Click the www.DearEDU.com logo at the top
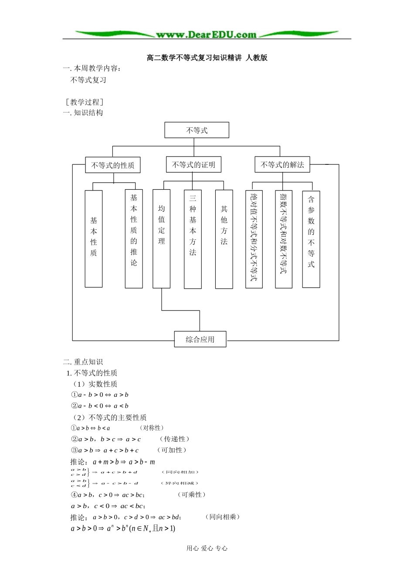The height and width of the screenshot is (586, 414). coord(207,34)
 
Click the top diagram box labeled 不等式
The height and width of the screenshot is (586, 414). coord(197,130)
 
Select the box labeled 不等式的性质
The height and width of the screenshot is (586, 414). coord(112,165)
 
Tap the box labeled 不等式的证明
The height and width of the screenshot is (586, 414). coord(193,165)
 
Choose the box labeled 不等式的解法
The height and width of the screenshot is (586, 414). coord(282,165)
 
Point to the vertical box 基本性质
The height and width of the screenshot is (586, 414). coord(94,238)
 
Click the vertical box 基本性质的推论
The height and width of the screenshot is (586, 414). coord(134,238)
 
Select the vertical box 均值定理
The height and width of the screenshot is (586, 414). coord(161,238)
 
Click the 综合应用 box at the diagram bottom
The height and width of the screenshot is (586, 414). coord(200,339)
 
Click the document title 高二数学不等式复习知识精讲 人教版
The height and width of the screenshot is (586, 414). coord(207,58)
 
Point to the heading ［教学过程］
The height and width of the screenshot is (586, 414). coord(84,102)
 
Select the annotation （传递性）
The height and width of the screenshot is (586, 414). coord(174,439)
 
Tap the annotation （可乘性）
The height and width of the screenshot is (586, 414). coord(192,494)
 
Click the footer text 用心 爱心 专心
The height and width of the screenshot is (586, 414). coord(207,549)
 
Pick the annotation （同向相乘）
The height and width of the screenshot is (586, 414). coord(223,517)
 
